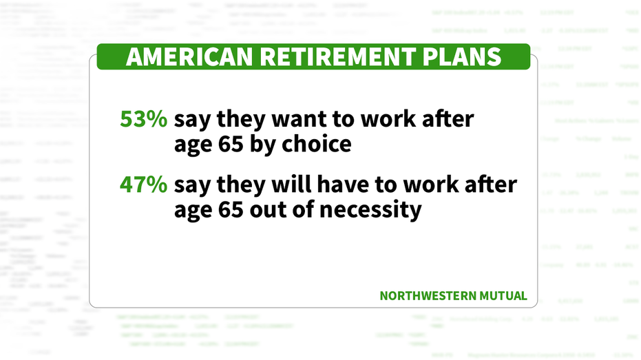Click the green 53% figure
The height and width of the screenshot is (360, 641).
point(143,119)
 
